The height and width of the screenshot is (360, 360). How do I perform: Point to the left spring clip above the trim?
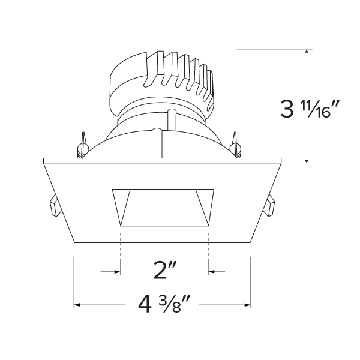click(82, 145)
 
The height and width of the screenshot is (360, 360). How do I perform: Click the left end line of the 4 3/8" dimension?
click(74, 282)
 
